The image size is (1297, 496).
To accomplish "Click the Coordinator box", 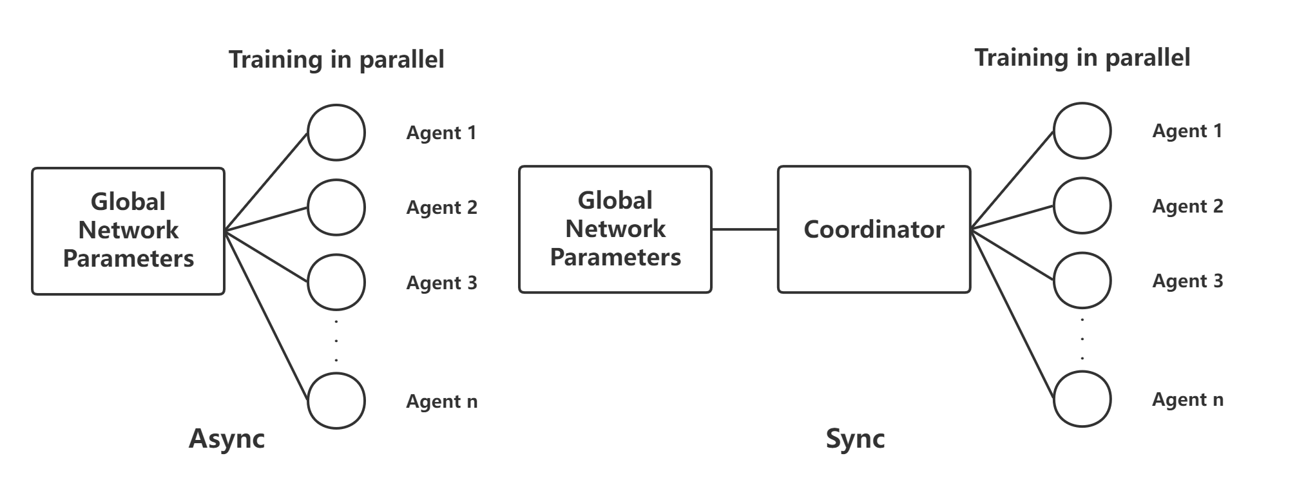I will [874, 229].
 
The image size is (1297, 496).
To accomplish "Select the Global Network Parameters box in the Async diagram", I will [128, 231].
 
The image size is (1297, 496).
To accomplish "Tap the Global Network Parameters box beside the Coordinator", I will [615, 229].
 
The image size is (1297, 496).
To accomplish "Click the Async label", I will [227, 439].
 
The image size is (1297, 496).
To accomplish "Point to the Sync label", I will [855, 439].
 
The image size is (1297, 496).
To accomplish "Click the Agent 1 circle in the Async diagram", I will [336, 132].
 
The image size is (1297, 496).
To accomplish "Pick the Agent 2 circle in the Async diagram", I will [336, 207].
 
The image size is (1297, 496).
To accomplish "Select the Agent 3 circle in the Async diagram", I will [336, 282].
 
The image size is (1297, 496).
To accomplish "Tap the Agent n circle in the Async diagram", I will [336, 400].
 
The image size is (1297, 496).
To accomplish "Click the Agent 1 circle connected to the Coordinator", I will [1082, 131].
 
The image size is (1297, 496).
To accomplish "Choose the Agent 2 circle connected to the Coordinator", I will [1082, 205].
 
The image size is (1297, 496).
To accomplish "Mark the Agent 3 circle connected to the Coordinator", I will [1082, 281].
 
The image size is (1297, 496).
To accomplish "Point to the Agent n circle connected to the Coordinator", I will [1082, 399].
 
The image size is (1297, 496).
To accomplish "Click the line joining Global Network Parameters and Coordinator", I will [745, 229].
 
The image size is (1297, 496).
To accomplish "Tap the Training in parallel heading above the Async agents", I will [336, 59].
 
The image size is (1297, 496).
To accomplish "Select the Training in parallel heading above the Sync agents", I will [1082, 57].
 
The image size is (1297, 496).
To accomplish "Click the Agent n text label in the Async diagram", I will [441, 401].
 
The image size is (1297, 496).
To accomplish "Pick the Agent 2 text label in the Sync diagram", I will [1187, 206].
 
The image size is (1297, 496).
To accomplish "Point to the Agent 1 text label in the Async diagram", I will [441, 133].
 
